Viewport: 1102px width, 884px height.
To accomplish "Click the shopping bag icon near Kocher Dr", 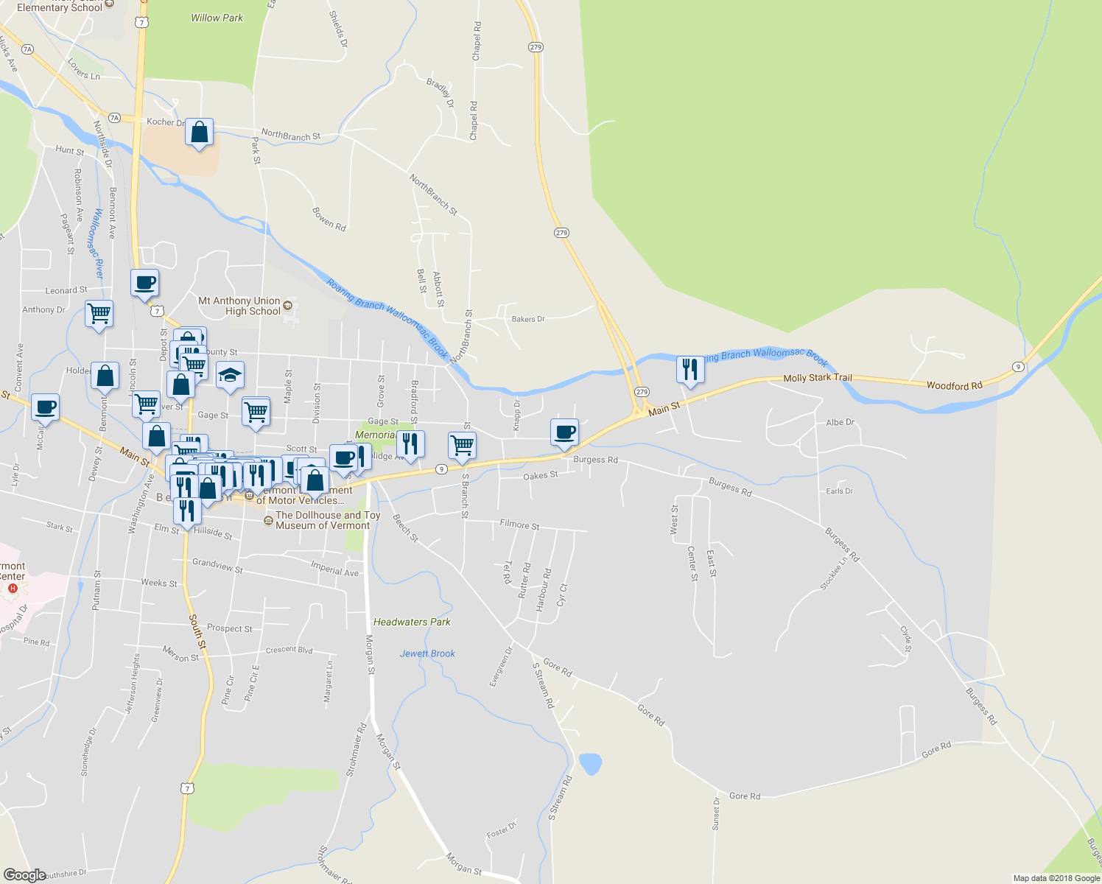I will pos(199,133).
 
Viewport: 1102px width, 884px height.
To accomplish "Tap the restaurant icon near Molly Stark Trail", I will pos(690,369).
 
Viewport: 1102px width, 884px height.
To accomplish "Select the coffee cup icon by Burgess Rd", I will pos(564,432).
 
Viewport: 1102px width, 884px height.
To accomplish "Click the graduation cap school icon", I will pos(230,376).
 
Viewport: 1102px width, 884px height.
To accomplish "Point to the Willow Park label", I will pos(217,18).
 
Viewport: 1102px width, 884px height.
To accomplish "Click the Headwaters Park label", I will pos(412,622).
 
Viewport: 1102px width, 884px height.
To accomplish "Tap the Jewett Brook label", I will pos(427,653).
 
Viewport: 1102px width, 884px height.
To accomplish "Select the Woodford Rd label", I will pos(954,385).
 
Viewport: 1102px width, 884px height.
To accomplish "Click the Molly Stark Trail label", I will pos(818,378).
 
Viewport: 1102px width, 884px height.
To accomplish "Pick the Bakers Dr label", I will pos(527,319).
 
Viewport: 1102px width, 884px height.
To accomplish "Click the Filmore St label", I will pos(519,525).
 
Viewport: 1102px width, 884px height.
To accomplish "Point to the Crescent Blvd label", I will pos(289,650).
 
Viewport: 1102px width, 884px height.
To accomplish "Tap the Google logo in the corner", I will pos(24,875).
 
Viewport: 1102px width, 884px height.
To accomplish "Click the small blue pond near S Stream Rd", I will pos(589,764).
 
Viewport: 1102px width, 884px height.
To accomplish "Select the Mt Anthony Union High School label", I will pos(239,306).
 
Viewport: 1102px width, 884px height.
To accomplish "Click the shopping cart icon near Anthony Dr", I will pos(99,314).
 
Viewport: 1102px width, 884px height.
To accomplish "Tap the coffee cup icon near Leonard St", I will pos(145,283).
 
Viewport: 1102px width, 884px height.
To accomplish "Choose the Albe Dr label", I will pos(840,422).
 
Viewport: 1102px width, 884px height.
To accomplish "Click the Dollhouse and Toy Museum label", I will pos(328,520).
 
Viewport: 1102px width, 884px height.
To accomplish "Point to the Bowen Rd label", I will pos(329,220).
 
